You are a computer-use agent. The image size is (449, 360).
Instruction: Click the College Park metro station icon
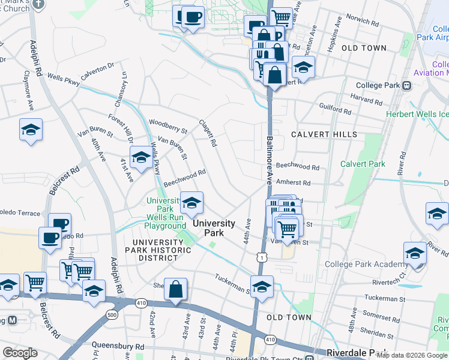[x=408, y=85]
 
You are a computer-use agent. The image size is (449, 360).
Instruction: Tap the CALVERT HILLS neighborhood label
[x=324, y=134]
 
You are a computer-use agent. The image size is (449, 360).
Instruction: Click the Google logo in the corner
[x=20, y=353]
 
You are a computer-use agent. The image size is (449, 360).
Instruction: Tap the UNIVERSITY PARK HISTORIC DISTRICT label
[x=151, y=250]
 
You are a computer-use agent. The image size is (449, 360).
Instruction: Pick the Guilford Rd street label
[x=336, y=110]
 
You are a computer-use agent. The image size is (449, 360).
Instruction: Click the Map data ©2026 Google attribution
[x=412, y=355]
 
